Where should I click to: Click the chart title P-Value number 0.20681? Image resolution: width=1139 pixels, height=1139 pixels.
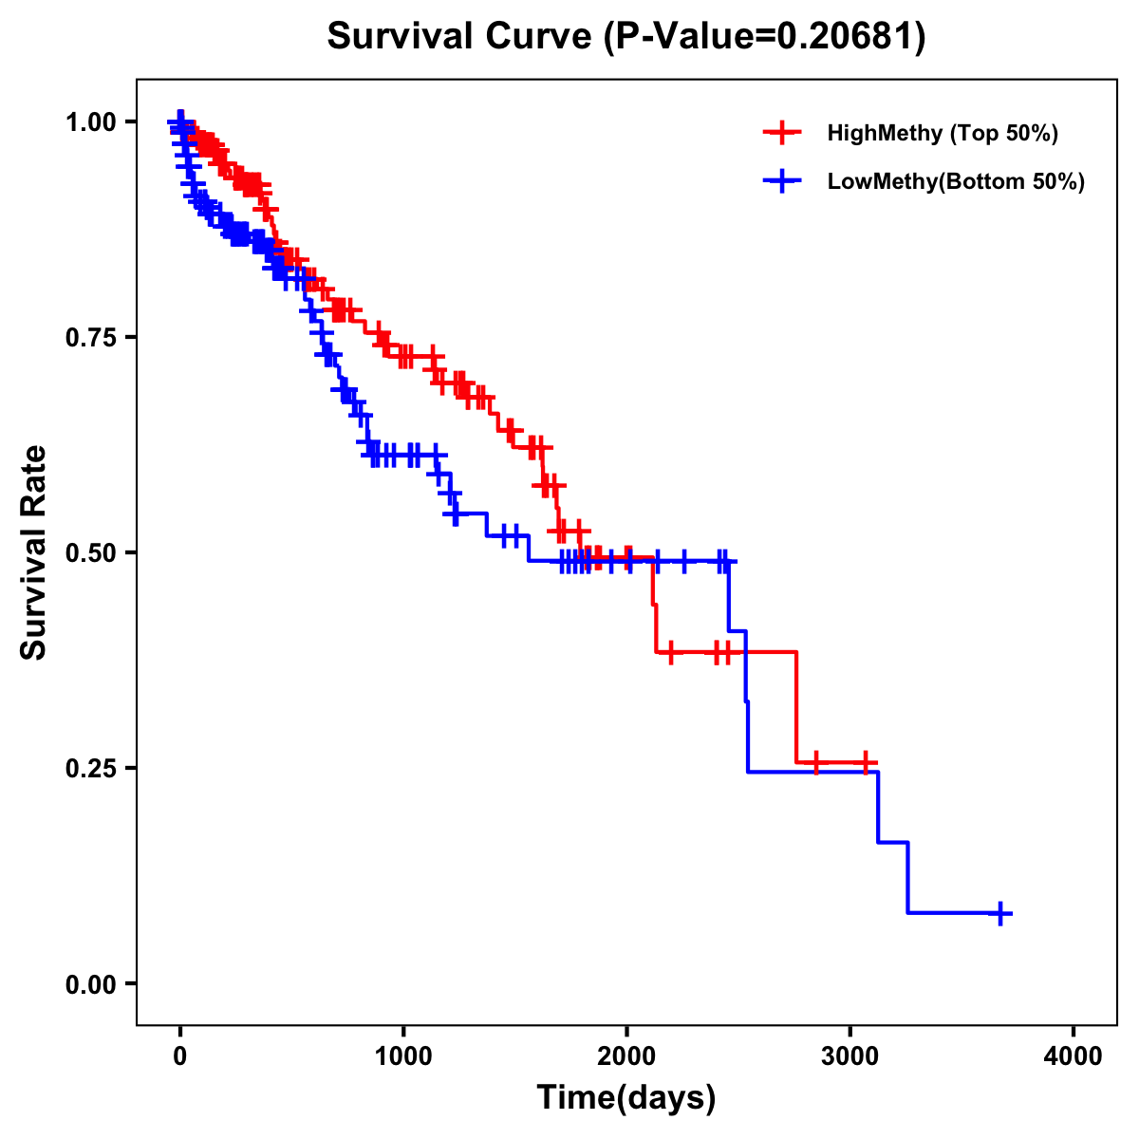click(x=848, y=37)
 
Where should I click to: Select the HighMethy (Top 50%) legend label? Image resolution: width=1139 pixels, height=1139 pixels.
click(x=943, y=133)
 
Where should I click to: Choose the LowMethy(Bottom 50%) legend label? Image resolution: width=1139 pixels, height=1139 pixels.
click(x=956, y=182)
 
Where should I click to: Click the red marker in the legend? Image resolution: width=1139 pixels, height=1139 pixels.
click(x=782, y=133)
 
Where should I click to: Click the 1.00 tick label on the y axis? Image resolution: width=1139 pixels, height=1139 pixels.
click(x=91, y=121)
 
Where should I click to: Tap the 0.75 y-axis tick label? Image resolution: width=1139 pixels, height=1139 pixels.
click(x=91, y=337)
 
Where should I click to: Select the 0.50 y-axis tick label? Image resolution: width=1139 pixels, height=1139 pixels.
click(x=91, y=552)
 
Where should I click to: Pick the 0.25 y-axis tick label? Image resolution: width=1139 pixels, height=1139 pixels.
click(x=91, y=768)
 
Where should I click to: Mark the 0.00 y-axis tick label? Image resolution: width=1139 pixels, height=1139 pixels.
click(x=91, y=983)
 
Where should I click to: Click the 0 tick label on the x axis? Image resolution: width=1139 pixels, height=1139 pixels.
click(x=180, y=1056)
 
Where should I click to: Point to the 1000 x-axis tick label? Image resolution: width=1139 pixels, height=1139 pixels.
click(x=403, y=1056)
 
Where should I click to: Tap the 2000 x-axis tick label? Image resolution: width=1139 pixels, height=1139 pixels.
click(x=626, y=1056)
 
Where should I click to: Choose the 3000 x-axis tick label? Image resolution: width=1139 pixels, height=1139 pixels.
click(x=850, y=1056)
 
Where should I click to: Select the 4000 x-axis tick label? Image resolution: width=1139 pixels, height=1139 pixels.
click(x=1074, y=1056)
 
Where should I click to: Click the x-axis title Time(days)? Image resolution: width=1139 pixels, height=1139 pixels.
click(x=626, y=1098)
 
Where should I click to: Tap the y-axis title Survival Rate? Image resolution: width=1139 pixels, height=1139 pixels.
click(x=34, y=551)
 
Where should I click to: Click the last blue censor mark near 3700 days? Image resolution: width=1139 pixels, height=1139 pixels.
click(x=999, y=913)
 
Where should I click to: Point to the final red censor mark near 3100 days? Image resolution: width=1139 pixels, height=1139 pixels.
click(x=866, y=762)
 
